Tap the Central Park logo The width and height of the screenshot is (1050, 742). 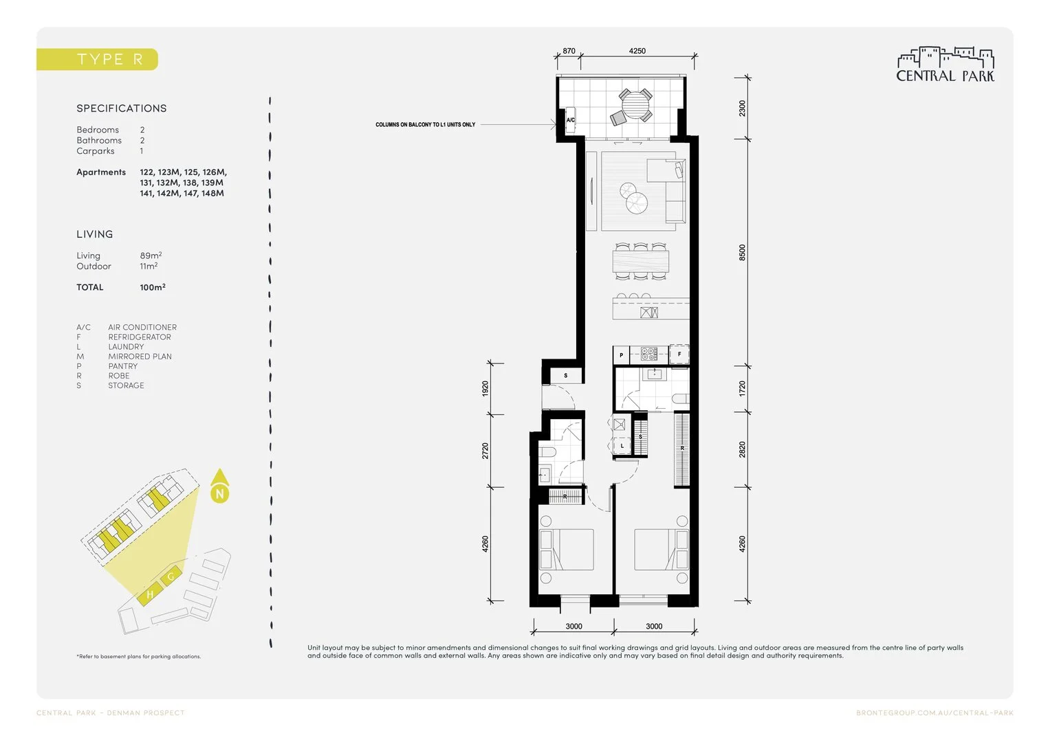point(945,65)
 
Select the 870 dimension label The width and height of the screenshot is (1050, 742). point(569,51)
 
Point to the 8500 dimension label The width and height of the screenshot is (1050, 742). point(742,252)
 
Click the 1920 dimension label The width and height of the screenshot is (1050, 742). point(485,389)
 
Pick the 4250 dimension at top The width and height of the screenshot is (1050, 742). point(637,51)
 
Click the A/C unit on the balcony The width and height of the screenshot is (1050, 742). point(570,120)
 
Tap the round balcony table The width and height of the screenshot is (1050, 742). point(635,105)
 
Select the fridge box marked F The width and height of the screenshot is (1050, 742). point(679,355)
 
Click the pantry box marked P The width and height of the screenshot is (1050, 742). point(622,355)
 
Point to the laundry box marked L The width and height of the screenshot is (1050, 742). point(622,446)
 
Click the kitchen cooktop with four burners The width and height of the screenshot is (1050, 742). point(649,355)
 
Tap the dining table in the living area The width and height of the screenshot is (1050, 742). point(640,262)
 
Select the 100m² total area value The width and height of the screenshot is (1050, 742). point(152,287)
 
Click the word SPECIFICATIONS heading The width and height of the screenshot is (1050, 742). point(122,109)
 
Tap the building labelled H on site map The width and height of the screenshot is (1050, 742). point(149,594)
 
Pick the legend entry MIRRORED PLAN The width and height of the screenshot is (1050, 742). point(140,357)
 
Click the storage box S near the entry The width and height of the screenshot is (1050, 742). point(566,376)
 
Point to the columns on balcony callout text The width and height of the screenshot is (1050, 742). point(425,125)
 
